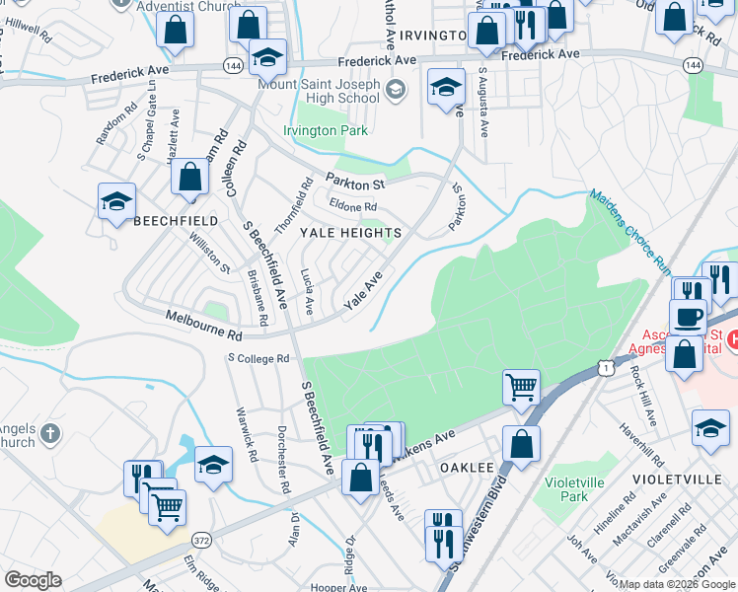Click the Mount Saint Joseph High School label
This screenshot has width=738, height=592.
coord(318,92)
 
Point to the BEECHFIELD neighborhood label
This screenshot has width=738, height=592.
coord(174,220)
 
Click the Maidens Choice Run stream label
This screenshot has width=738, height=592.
coord(631,231)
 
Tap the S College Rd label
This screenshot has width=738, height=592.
coord(258,358)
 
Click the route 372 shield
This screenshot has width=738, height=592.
coord(201,540)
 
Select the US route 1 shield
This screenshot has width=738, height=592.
coord(607,367)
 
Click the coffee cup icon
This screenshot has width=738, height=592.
coord(688,317)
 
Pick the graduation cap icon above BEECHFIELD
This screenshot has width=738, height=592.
coord(116,202)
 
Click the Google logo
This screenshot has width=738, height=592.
coord(33,580)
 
